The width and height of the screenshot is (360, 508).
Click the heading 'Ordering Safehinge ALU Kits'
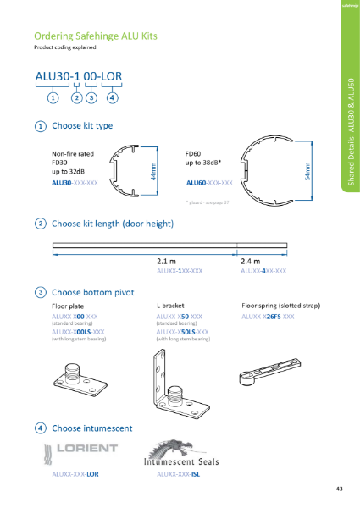click(x=95, y=36)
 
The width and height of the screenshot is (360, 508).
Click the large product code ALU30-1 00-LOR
click(x=78, y=78)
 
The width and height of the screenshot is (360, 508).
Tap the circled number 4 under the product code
click(x=113, y=97)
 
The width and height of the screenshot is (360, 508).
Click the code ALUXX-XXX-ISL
click(x=180, y=475)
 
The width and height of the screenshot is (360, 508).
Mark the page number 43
click(x=339, y=489)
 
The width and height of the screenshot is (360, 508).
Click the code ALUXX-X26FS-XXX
click(x=268, y=316)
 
